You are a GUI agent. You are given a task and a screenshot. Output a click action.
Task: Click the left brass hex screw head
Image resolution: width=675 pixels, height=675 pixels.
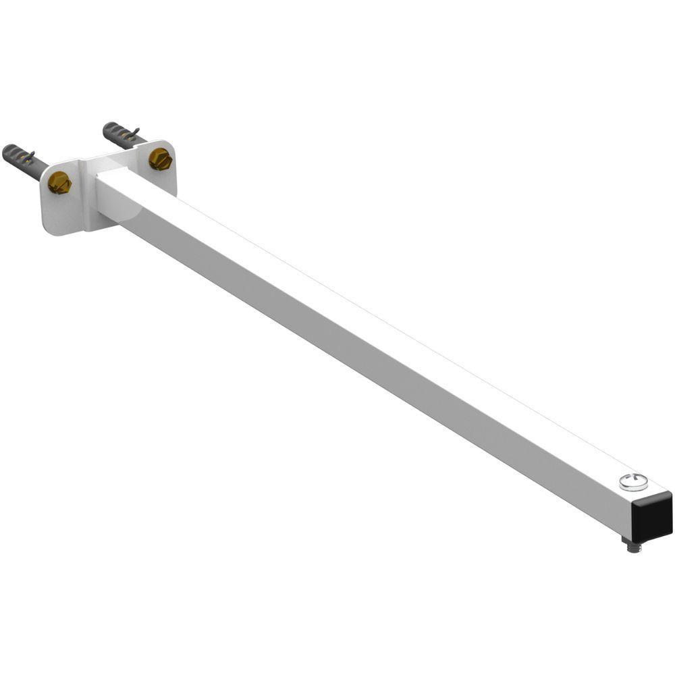(59, 182)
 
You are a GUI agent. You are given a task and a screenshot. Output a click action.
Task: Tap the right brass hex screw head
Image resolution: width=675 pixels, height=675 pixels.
(160, 159)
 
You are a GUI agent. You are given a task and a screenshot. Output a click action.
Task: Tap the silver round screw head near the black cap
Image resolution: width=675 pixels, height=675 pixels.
(633, 482)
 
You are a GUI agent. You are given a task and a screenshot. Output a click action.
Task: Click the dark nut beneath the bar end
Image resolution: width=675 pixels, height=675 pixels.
(632, 541)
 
